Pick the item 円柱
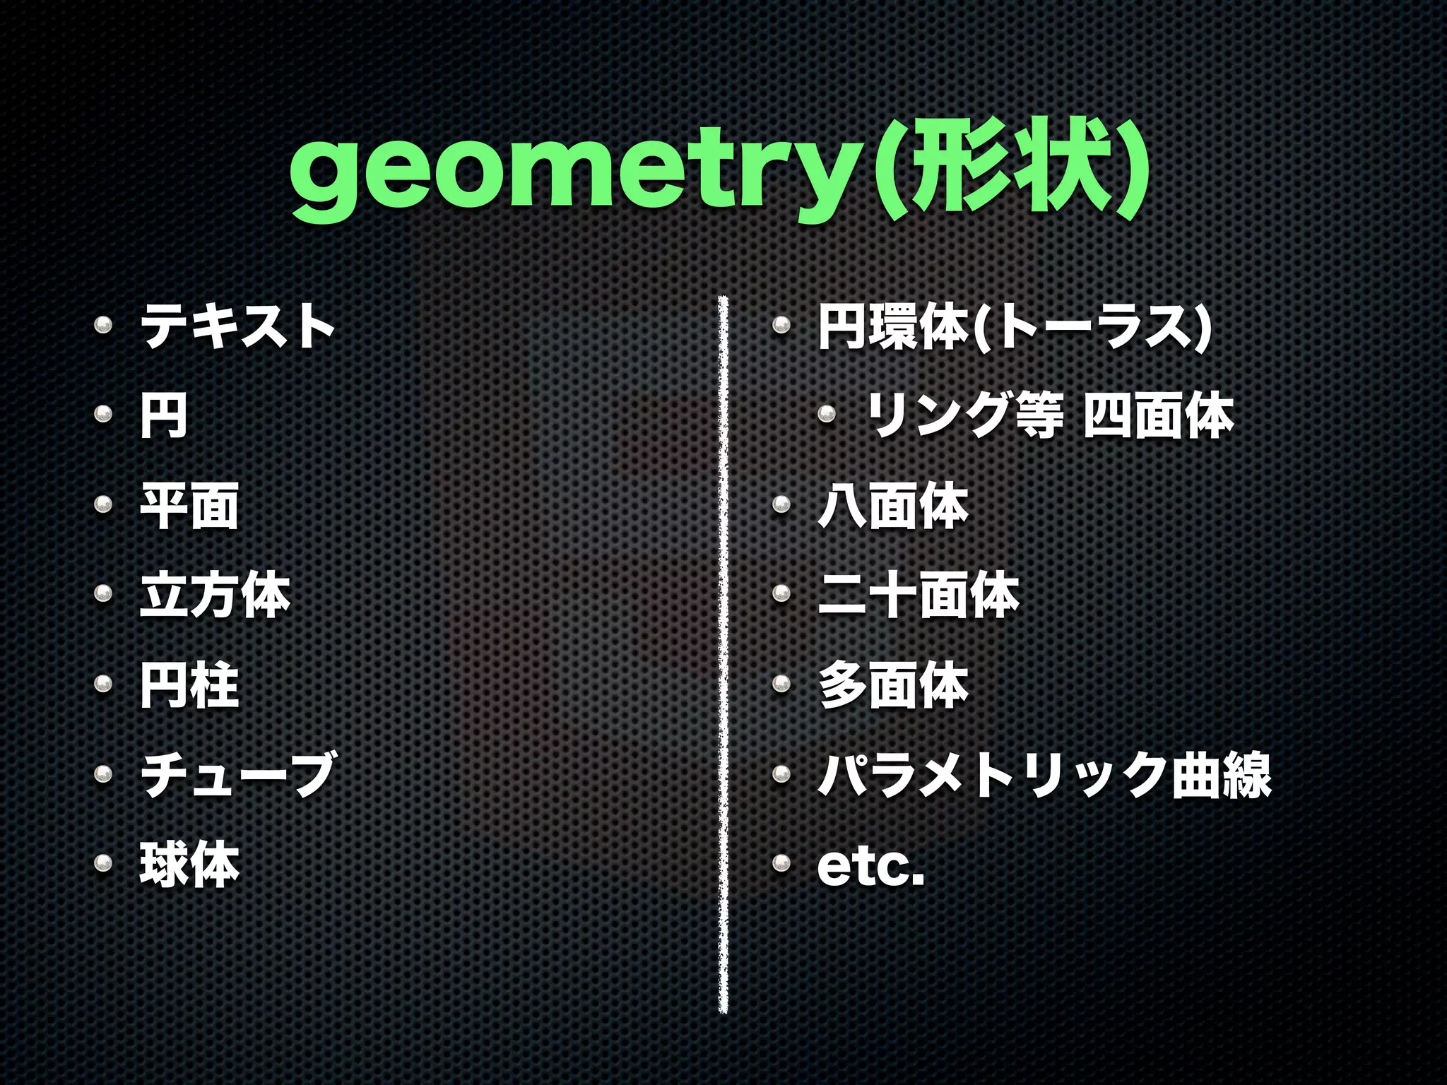(x=189, y=684)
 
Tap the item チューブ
(x=238, y=774)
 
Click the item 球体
(x=189, y=864)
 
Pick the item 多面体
(x=893, y=684)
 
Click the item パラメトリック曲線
(x=1044, y=774)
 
